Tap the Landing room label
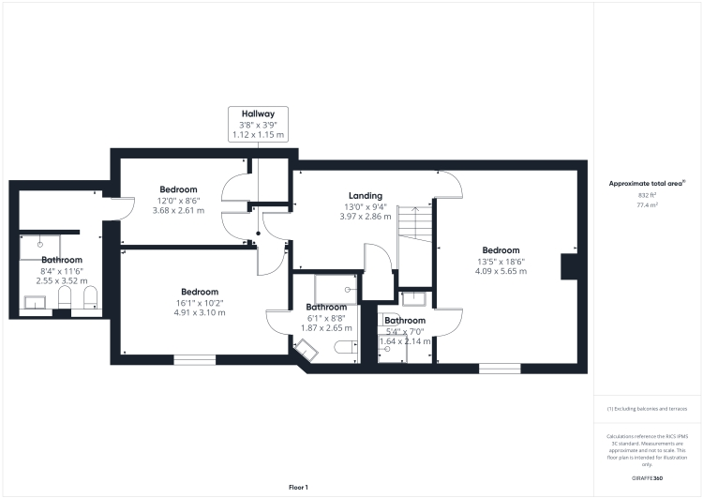coord(365,195)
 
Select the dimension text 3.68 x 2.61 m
coord(177,210)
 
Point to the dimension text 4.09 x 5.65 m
coord(501,271)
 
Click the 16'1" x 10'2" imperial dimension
coord(200,302)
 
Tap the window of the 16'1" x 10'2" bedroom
coord(194,359)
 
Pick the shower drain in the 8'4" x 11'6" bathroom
coord(40,242)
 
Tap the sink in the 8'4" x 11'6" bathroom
coord(35,301)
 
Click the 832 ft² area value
coord(647,194)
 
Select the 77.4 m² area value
coord(647,204)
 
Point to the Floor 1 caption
coord(298,487)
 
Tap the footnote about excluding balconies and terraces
coord(647,410)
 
